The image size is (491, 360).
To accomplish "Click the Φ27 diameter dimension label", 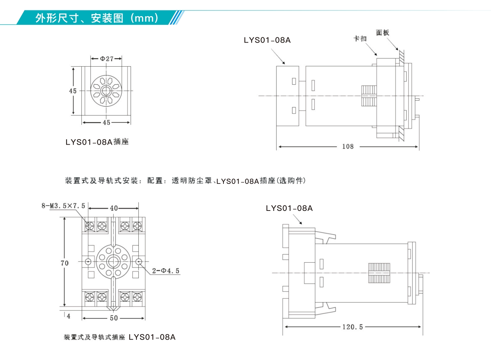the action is (107, 59).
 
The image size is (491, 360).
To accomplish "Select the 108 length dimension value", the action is (348, 147).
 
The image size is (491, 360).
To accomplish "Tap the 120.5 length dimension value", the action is (353, 327).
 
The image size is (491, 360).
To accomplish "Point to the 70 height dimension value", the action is (65, 263).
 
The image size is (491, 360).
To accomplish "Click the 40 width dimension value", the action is (114, 208).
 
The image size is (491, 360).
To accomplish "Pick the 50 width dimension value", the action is (114, 318).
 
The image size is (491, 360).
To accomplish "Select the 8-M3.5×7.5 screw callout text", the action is (63, 206).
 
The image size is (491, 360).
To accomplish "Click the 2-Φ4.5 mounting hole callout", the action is (166, 271).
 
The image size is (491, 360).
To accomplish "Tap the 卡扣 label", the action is (360, 38).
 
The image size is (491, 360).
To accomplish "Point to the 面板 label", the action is (383, 33).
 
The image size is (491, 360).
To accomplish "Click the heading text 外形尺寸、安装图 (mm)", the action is (97, 18).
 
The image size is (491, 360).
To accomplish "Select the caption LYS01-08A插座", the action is (97, 142).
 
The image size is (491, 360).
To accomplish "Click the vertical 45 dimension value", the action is (73, 91).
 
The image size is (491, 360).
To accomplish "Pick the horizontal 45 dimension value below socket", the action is (107, 122).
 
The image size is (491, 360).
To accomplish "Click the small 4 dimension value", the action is (68, 316).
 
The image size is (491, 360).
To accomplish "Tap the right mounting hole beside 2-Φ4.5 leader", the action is (138, 262).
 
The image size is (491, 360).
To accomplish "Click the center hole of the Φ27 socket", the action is (106, 91).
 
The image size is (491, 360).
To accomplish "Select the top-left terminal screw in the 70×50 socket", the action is (90, 226).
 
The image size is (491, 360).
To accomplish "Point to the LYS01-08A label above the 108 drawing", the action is (267, 40).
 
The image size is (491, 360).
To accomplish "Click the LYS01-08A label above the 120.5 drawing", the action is (289, 208).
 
